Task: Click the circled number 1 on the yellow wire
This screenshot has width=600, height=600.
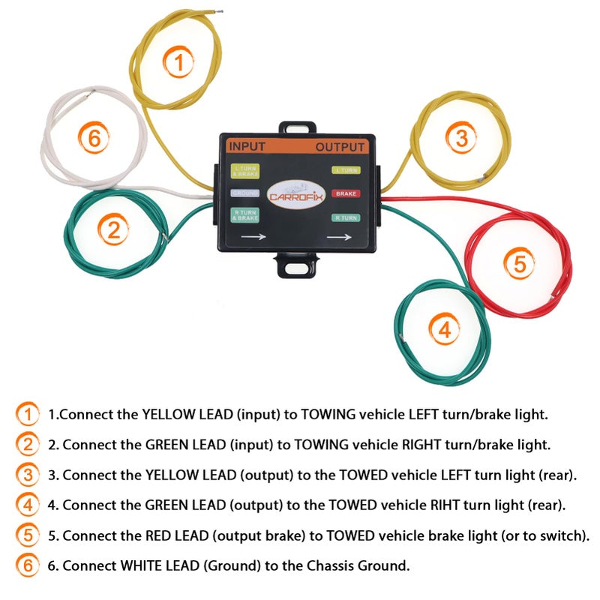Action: coord(178,63)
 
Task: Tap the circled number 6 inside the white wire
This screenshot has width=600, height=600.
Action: coord(94,138)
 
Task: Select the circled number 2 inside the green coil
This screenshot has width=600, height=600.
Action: coord(113,231)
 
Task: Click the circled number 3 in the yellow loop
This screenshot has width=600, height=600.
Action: coord(461,137)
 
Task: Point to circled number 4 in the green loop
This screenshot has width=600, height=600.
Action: coord(444,329)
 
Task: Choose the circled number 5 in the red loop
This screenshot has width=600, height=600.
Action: coord(520,264)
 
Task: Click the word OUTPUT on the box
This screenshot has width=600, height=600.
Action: coord(340,146)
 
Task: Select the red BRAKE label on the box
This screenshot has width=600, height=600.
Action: coord(346,193)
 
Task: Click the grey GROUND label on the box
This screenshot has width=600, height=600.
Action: coord(244,193)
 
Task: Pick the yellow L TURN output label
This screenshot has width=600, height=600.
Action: coord(346,170)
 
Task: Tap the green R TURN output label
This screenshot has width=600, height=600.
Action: coord(346,217)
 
